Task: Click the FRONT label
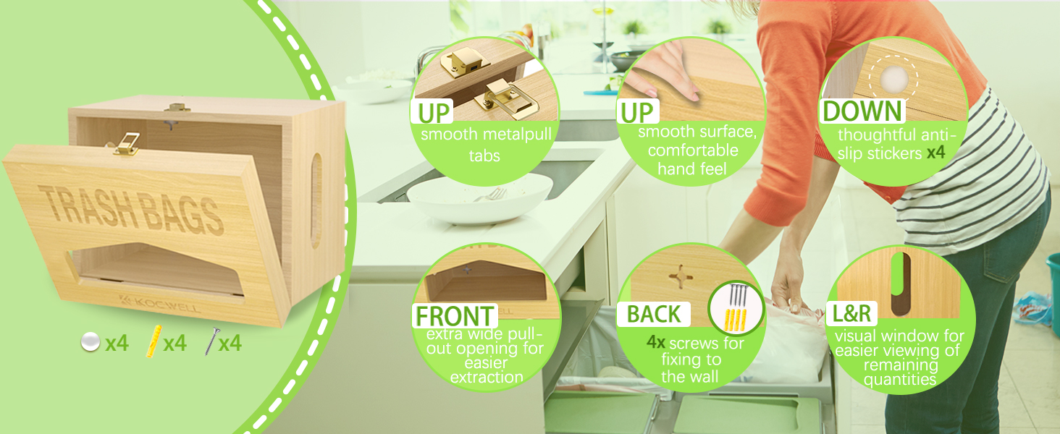coord(455,316)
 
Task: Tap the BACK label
coord(654,315)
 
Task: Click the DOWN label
coord(862,111)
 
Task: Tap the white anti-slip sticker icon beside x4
coord(91,342)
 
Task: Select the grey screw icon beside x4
coord(211,341)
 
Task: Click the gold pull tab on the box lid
coord(127,144)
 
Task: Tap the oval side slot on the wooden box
coord(316,200)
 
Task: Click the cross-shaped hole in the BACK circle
coord(681,276)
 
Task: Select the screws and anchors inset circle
coord(736,307)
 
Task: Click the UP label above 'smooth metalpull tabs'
coord(434,112)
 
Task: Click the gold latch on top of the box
coord(177,107)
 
